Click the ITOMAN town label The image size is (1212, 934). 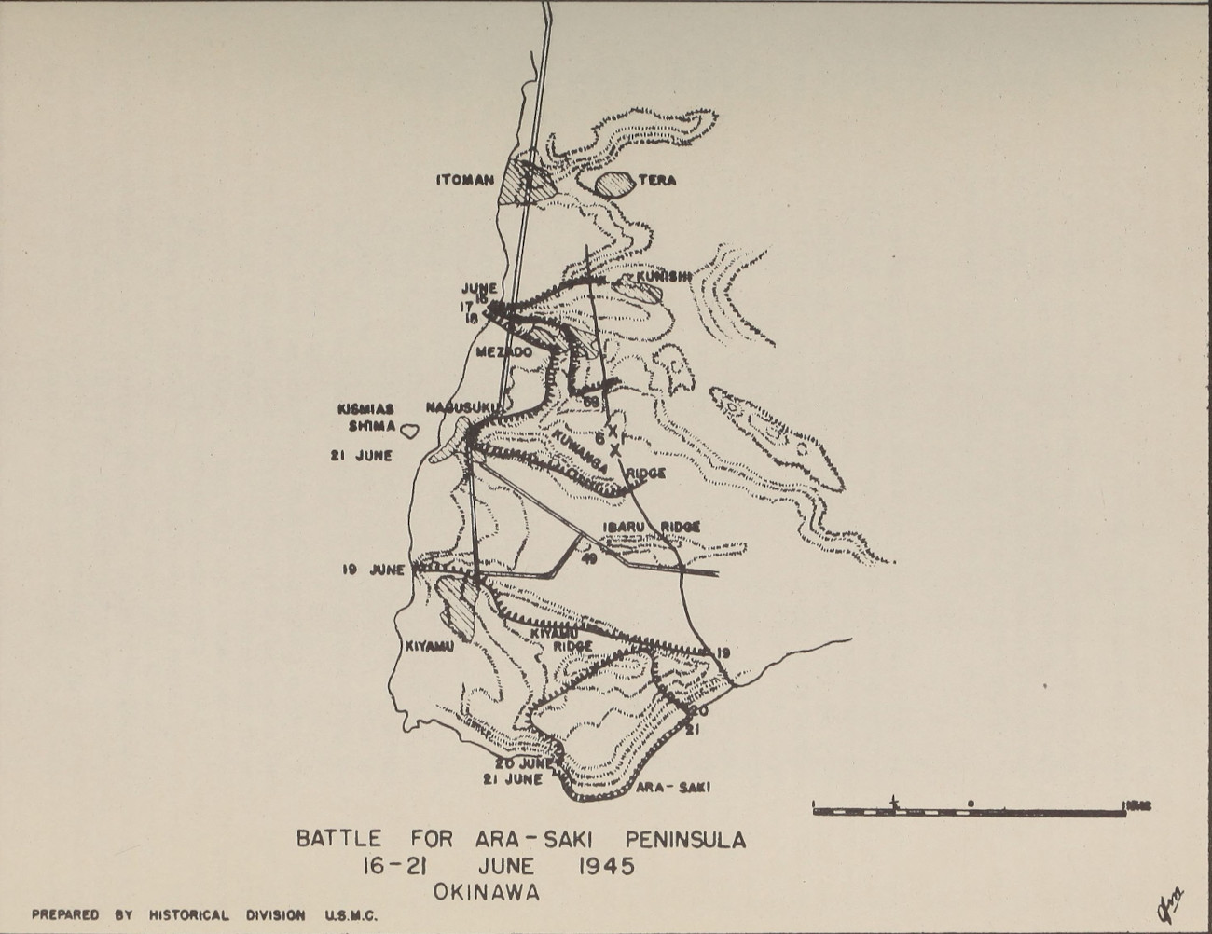pos(464,180)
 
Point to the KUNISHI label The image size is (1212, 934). pos(663,277)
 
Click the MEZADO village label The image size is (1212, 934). pos(503,352)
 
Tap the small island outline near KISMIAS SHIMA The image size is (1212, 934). pos(409,430)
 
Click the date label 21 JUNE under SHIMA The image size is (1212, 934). pos(361,456)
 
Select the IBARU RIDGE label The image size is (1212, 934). pos(651,527)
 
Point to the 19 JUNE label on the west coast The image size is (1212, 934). pos(373,570)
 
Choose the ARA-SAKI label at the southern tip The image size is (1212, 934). pos(673,787)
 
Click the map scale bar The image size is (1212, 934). pos(970,809)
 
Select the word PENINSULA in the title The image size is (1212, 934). pos(686,839)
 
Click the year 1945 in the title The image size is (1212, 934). pos(606,866)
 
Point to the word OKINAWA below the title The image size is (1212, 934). pos(486,892)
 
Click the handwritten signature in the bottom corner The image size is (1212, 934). pos(1170,902)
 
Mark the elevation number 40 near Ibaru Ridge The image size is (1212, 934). pos(588,558)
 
